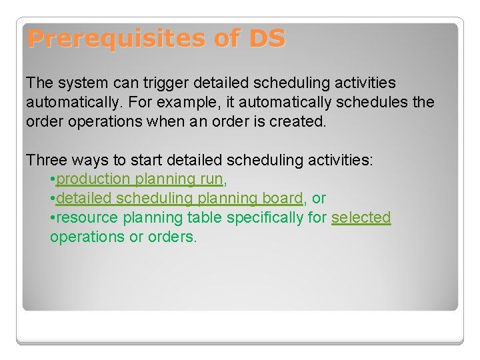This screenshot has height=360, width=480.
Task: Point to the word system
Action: click(x=81, y=83)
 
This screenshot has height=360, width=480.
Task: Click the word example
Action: click(x=195, y=103)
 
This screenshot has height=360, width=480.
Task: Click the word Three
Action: click(x=46, y=160)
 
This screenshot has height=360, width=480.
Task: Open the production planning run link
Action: click(x=139, y=179)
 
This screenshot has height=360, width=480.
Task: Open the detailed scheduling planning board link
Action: click(x=179, y=199)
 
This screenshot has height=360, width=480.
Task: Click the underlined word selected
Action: click(x=361, y=218)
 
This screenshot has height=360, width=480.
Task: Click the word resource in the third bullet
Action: click(x=83, y=218)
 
